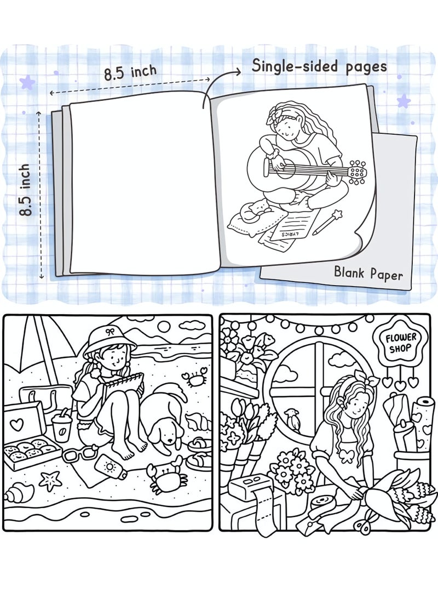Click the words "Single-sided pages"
[x=319, y=66]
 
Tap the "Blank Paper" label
[x=368, y=272]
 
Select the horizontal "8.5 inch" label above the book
[x=130, y=72]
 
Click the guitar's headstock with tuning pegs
[x=358, y=172]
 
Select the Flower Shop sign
[x=401, y=343]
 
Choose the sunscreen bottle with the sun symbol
[x=111, y=468]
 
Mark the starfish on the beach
[x=51, y=480]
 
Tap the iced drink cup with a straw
[x=61, y=427]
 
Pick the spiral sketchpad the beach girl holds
[x=126, y=390]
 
